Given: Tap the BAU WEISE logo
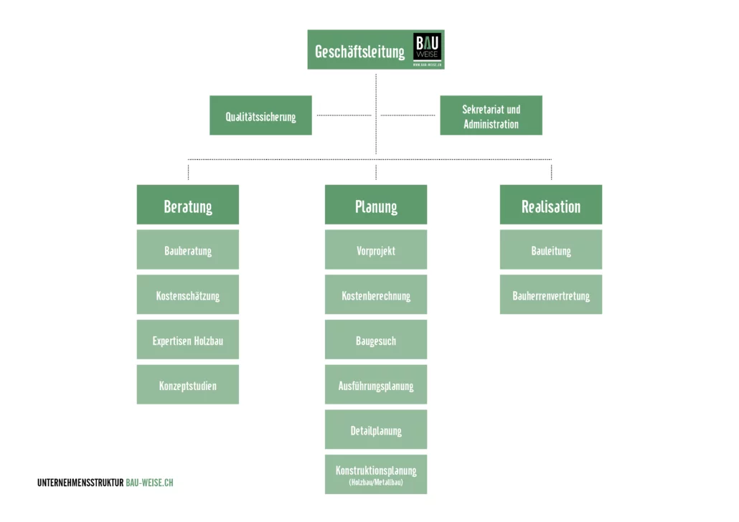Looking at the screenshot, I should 428,48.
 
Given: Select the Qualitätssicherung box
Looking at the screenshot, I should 260,115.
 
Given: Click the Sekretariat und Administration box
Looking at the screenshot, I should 491,115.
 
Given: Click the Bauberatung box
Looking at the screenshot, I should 188,250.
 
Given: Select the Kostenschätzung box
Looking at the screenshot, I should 188,295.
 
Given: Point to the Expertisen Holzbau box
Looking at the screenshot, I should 188,340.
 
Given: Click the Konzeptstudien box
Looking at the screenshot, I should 188,385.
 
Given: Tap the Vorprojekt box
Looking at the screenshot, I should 376,250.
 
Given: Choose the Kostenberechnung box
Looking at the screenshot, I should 376,295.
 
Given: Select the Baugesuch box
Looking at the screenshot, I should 376,340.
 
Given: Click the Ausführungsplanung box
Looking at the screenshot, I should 376,385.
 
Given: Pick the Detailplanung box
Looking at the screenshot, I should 376,430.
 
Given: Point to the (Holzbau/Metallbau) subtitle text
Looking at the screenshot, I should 376,483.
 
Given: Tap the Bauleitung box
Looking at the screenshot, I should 551,250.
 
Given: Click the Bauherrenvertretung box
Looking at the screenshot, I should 551,295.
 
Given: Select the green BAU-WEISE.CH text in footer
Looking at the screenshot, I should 149,483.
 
